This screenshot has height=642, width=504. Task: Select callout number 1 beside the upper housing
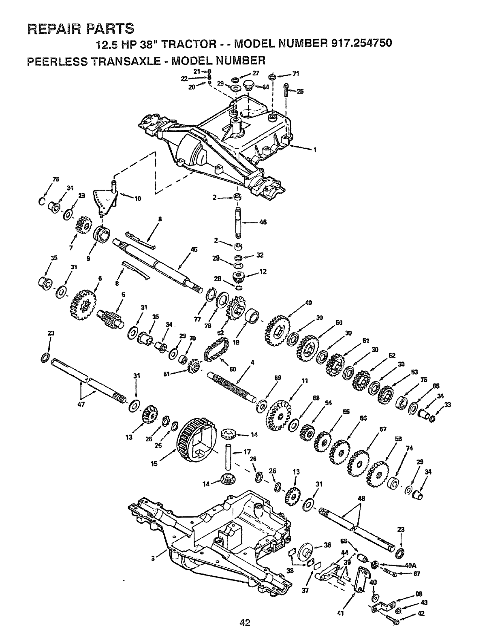(314, 150)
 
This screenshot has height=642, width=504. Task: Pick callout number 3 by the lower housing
(153, 558)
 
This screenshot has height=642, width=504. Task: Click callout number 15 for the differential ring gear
(154, 464)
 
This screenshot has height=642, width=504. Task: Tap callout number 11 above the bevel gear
(305, 381)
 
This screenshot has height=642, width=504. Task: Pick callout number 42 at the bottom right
(421, 613)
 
